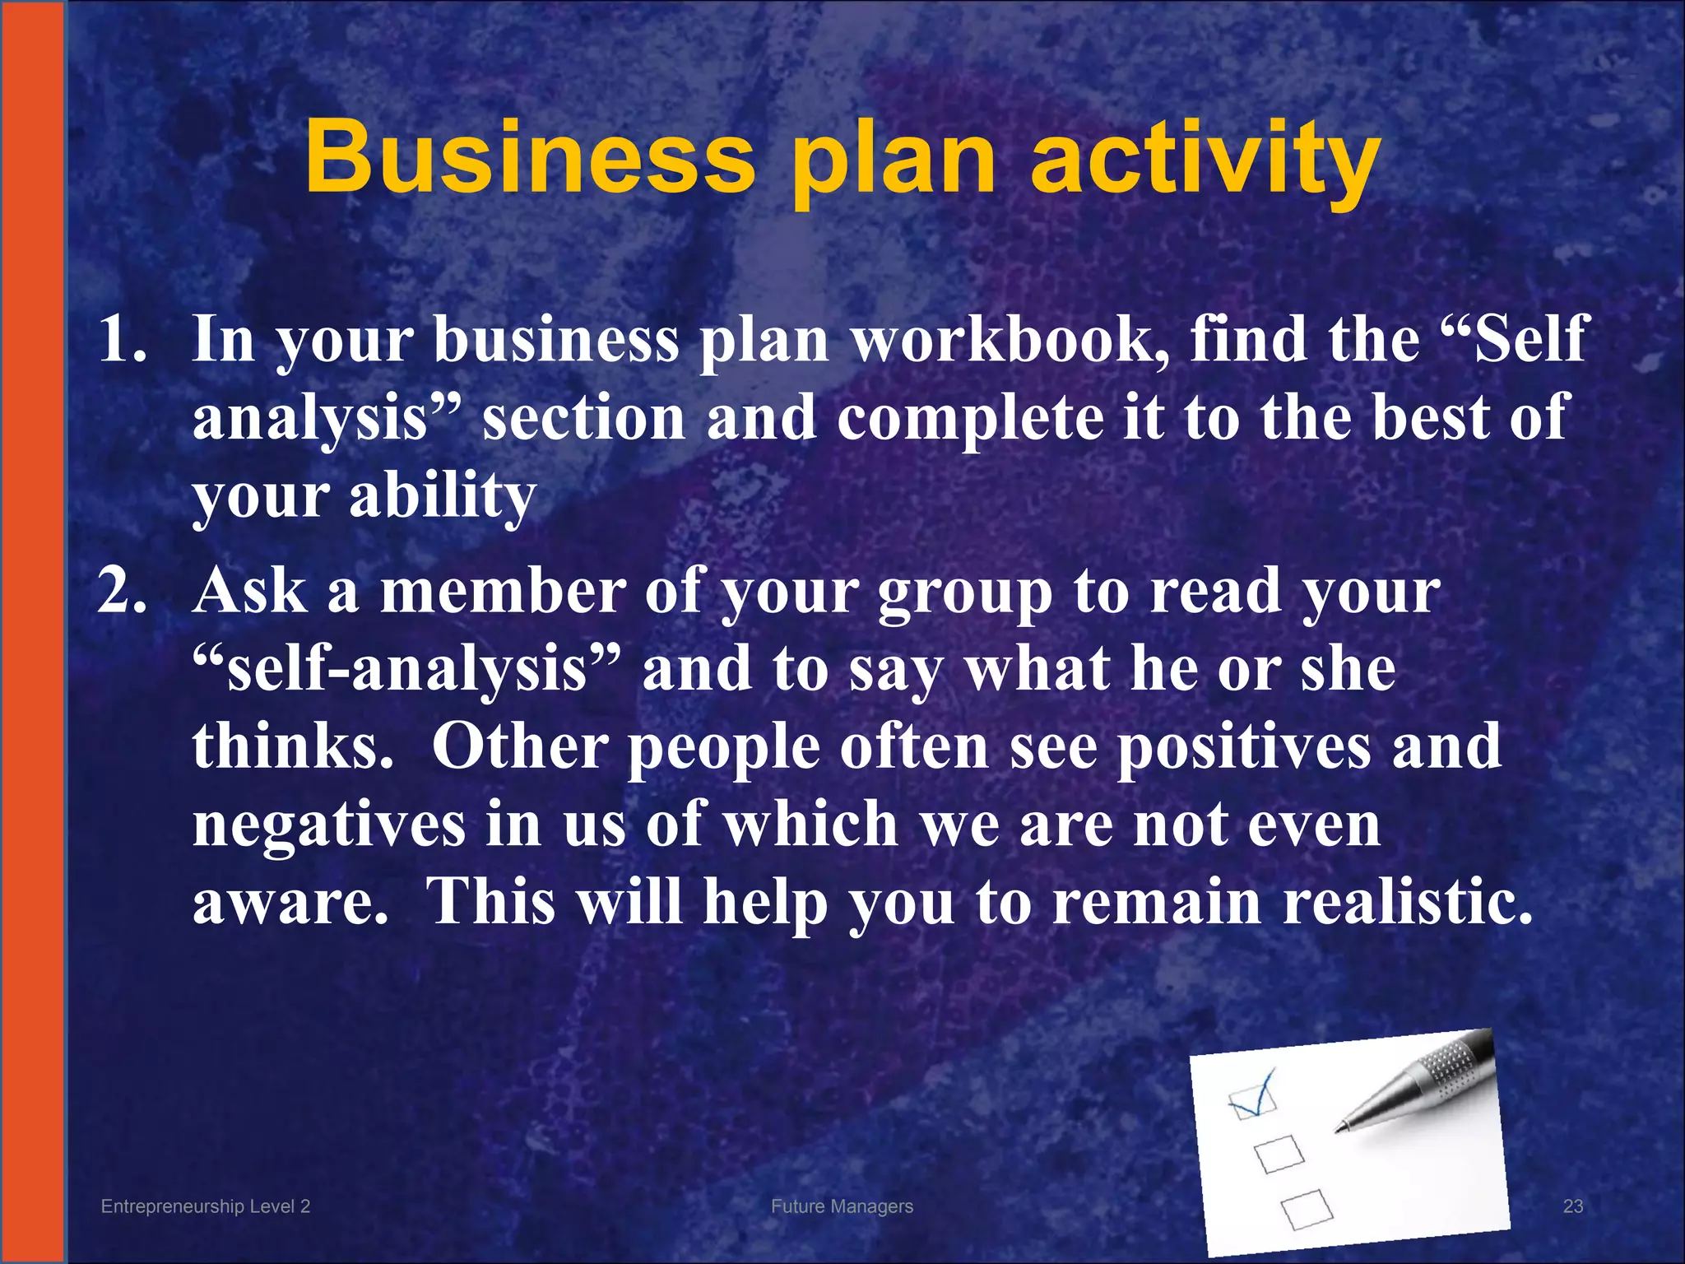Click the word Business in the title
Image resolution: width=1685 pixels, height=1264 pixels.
(x=530, y=156)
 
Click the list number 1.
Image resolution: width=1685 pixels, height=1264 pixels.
(x=122, y=338)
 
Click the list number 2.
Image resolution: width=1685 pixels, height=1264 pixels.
(x=122, y=590)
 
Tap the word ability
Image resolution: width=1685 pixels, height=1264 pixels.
(x=443, y=496)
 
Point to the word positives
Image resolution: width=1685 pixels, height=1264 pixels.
(x=1243, y=747)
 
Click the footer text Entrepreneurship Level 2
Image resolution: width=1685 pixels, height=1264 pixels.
(x=206, y=1206)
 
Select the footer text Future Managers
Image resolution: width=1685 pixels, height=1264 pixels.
(x=842, y=1206)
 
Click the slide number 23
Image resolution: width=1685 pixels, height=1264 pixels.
(x=1572, y=1206)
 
